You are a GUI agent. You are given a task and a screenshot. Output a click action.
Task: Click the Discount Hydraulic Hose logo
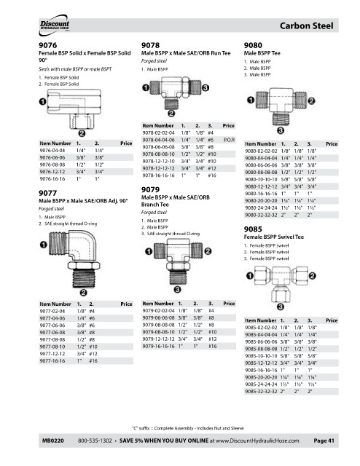coord(54,25)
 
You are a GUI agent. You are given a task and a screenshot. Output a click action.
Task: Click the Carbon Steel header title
coord(307,26)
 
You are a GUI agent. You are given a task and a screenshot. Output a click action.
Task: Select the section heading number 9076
coord(47,45)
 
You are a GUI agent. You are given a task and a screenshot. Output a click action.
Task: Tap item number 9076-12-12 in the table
coord(52,172)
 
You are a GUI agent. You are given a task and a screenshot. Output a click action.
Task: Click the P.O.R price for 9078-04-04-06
coord(229,140)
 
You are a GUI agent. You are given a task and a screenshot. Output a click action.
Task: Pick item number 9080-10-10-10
coord(261,180)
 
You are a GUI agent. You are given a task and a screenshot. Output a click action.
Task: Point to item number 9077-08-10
coord(52,347)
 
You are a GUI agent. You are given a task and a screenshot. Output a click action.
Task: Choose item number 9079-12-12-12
coord(158,339)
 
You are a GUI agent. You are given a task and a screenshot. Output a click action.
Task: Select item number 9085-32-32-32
coord(261,392)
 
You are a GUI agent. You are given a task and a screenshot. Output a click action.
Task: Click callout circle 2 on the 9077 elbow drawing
coord(84,293)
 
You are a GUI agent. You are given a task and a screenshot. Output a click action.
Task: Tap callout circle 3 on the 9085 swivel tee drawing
coord(281,307)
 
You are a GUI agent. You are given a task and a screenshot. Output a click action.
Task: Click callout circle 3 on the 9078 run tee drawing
coord(206,87)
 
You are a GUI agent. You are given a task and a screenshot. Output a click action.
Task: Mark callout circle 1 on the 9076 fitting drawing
coord(43,102)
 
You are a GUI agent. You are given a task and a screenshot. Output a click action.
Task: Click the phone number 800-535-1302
coord(95,441)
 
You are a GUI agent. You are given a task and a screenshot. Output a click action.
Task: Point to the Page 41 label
coord(324,441)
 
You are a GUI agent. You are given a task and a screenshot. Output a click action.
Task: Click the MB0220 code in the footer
coord(53,441)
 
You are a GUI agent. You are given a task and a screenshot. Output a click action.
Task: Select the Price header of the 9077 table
coord(126,304)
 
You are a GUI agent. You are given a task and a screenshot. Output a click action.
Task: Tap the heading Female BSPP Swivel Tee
coord(274,237)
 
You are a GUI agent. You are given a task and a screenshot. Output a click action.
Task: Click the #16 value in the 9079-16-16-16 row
coord(213,347)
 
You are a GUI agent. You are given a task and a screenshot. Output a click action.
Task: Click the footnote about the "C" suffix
coord(188,428)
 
